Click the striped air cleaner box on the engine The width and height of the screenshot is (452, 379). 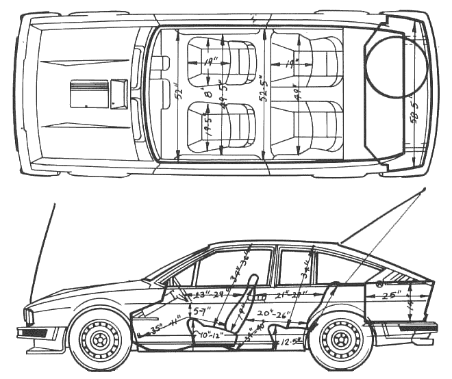coord(89,93)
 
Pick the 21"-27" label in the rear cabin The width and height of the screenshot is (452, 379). coord(290,296)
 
